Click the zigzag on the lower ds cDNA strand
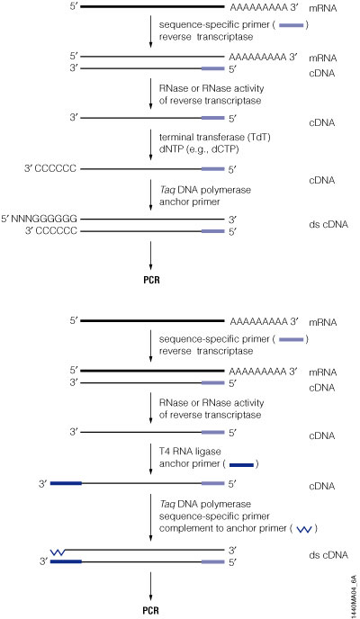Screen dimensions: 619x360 [62, 548]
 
